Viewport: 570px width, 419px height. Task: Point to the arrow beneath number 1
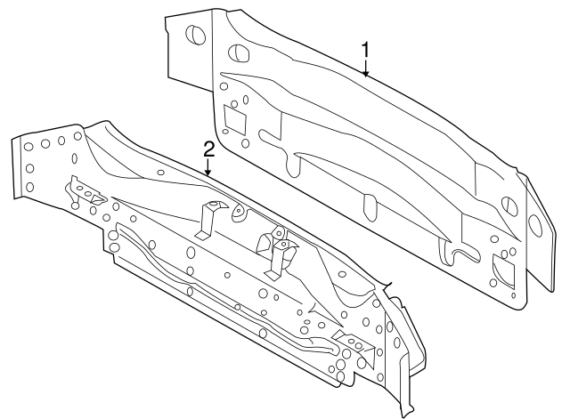(x=365, y=70)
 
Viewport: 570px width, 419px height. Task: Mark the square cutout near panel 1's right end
(x=503, y=268)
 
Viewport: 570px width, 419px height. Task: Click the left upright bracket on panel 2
(x=209, y=219)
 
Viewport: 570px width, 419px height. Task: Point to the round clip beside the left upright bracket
(x=239, y=214)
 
